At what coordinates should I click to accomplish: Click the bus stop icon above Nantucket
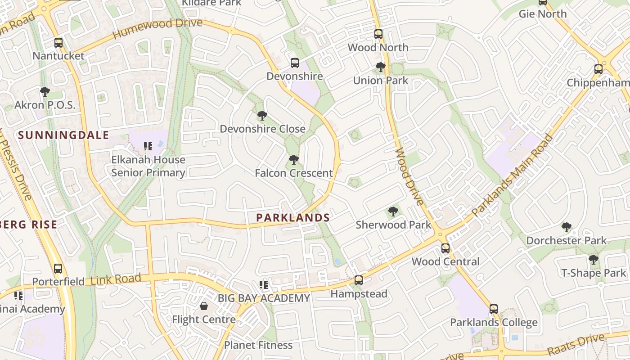tap(58, 43)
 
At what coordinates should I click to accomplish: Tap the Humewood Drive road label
tap(157, 28)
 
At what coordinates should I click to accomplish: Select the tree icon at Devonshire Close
tap(262, 116)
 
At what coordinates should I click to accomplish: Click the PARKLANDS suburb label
tap(293, 218)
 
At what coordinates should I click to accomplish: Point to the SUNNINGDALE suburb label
tap(63, 135)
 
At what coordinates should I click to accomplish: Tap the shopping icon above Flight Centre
tap(204, 306)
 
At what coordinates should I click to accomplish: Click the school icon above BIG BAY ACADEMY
tap(264, 285)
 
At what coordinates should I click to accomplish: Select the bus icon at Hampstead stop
tap(359, 280)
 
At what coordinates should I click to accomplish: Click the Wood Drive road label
tap(409, 176)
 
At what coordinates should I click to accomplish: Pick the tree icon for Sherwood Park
tap(393, 211)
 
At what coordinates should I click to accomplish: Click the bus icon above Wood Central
tap(445, 248)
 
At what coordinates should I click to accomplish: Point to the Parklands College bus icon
tap(494, 309)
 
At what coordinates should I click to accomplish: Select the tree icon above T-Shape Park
tap(594, 260)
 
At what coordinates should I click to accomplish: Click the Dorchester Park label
tap(567, 240)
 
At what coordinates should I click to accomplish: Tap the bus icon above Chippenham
tap(598, 69)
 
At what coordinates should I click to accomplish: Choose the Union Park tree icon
tap(381, 67)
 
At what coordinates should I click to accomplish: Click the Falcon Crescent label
tap(294, 173)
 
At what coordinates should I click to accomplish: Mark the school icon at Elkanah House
tap(148, 146)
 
